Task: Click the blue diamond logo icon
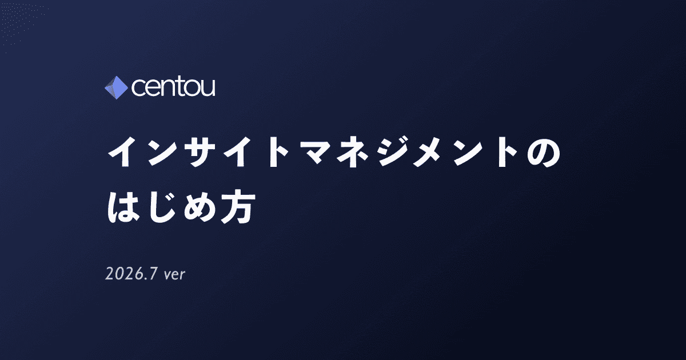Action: (117, 87)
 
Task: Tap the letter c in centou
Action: (138, 89)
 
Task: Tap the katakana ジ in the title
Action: (392, 152)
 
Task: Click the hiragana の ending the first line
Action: (544, 153)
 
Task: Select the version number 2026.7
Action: (131, 273)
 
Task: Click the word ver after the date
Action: (174, 275)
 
